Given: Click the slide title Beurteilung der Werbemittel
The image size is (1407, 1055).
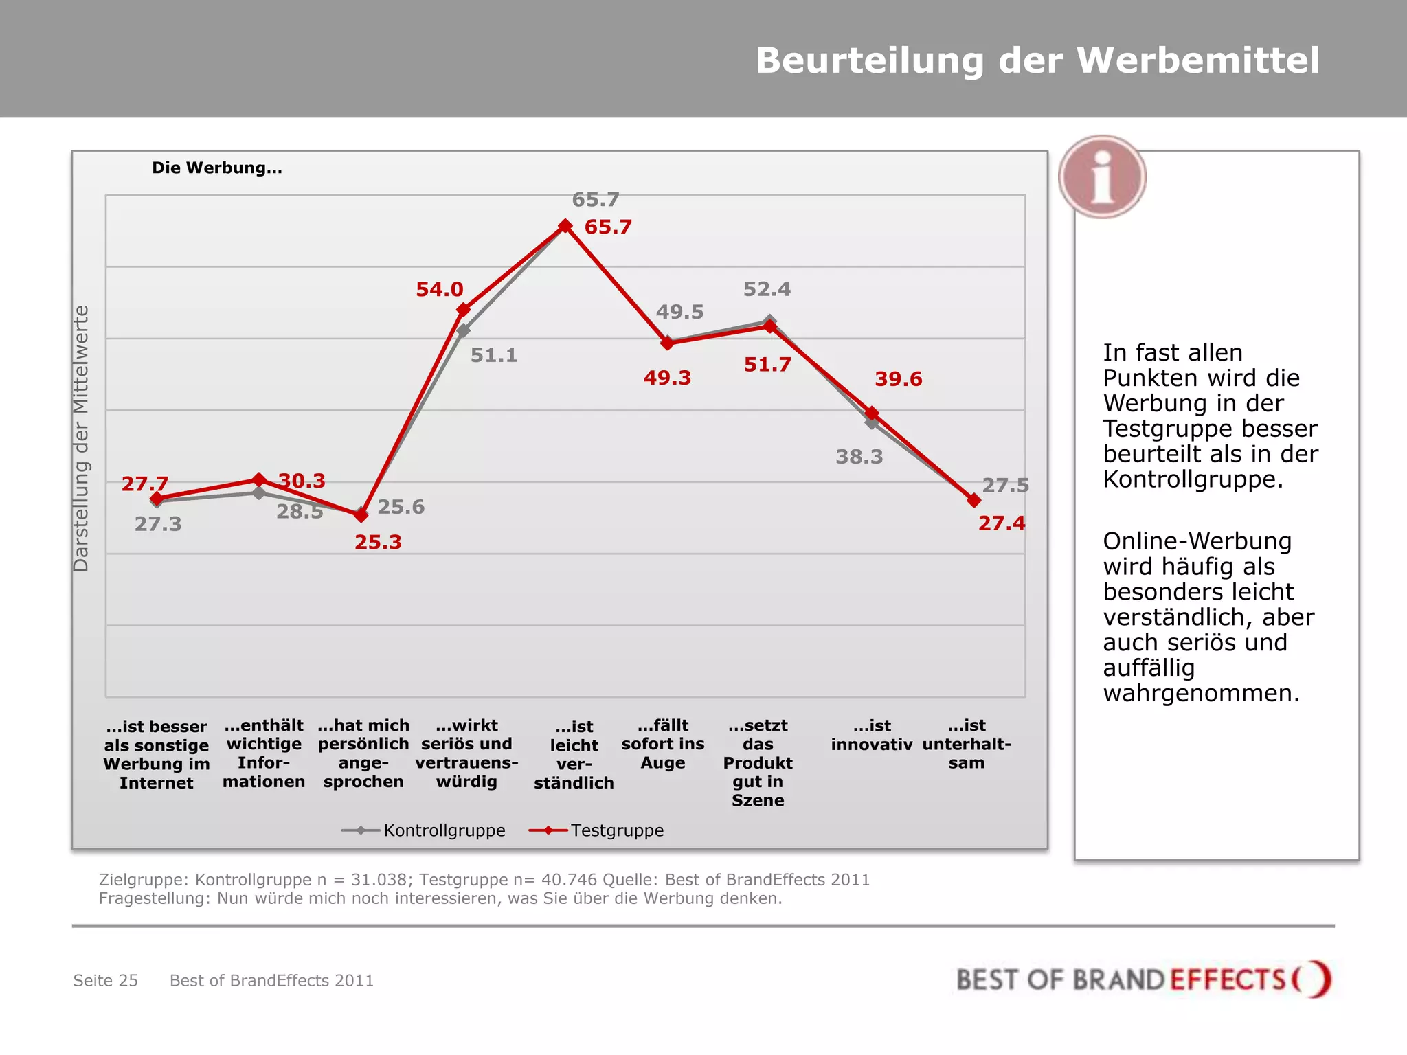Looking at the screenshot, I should tap(1037, 60).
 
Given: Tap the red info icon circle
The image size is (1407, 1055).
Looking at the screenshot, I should tap(1102, 177).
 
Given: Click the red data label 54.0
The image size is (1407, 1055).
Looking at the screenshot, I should tap(440, 289).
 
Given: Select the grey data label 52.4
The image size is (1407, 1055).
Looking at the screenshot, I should tap(767, 289).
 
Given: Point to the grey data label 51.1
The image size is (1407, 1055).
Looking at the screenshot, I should tap(494, 355).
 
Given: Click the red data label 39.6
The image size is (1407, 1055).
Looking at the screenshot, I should tap(898, 378).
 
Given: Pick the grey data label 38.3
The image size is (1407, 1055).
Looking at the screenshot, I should tap(859, 457).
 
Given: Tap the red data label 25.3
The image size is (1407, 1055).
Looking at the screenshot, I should tap(378, 542).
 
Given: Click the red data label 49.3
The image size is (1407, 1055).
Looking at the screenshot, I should tap(667, 377).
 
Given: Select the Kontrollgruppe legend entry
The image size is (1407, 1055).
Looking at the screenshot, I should tap(424, 830).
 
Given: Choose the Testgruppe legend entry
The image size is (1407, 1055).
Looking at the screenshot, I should tap(597, 830).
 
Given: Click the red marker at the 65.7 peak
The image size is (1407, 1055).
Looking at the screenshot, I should tap(565, 226).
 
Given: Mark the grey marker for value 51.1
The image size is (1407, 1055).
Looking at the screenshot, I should tap(464, 330).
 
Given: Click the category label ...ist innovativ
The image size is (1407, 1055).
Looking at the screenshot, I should tap(871, 735).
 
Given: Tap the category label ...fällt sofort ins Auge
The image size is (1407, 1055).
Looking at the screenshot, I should tap(663, 744).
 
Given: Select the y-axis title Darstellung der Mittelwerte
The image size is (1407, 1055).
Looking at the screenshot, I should tap(81, 438).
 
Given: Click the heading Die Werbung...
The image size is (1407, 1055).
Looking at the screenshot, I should tap(217, 168).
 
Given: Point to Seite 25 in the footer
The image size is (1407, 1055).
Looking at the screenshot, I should tap(106, 980).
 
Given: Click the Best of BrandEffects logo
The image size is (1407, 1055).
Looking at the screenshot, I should tap(1143, 979).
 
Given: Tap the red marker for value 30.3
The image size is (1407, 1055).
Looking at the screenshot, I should tap(259, 479).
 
